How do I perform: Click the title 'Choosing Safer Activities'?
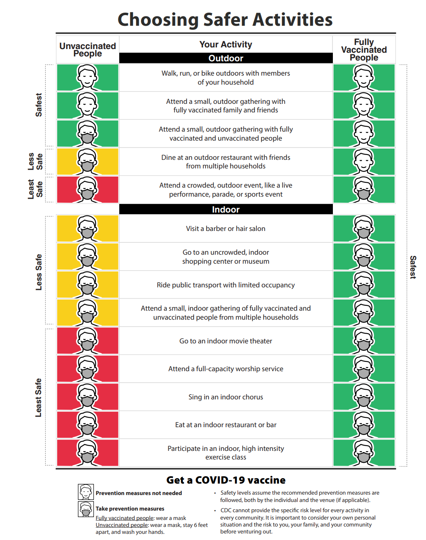tap(225, 20)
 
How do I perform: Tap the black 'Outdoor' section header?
tap(226, 58)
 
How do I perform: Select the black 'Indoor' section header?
tap(226, 209)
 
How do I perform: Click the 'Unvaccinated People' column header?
tap(87, 49)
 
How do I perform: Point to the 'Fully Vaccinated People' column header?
tap(364, 49)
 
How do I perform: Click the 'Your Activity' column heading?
tap(226, 44)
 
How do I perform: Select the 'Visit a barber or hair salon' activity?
tap(226, 229)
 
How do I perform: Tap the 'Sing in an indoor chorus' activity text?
tap(226, 397)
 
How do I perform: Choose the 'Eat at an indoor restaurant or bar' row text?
tap(226, 425)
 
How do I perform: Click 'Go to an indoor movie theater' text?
tap(226, 341)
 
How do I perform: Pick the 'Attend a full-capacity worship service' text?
tap(226, 369)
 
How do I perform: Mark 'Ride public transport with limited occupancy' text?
tap(226, 285)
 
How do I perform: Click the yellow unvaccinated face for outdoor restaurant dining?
tap(87, 161)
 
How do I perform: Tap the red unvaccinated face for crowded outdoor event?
tap(87, 189)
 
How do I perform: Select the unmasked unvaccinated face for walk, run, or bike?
tap(87, 77)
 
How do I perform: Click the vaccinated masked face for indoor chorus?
tap(364, 397)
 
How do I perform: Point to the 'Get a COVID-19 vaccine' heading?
tap(226, 480)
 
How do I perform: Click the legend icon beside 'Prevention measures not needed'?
tap(86, 492)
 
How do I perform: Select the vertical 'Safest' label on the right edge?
tap(413, 267)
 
